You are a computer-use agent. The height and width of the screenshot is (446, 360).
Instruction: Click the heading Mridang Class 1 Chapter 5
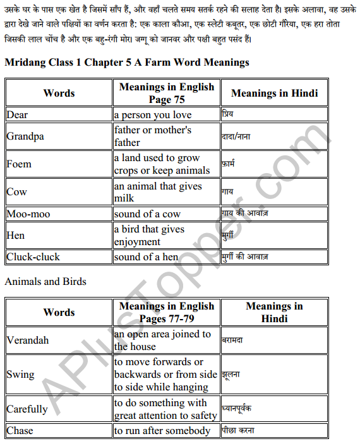coord(126,63)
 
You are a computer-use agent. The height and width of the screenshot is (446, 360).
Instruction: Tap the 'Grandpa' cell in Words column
coord(25,136)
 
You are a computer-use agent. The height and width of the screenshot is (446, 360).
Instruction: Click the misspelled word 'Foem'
coord(19,164)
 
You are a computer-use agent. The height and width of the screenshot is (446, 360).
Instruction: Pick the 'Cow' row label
coord(16,192)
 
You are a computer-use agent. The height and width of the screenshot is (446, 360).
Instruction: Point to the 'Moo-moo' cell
coord(28,214)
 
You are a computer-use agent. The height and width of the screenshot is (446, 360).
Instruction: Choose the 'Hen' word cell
coord(16,236)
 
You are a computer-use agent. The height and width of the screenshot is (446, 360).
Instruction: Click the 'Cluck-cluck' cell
coord(33,257)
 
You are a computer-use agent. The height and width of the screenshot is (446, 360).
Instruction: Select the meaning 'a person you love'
coord(152,115)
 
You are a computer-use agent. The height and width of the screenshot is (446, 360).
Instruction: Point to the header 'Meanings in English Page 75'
coord(166,93)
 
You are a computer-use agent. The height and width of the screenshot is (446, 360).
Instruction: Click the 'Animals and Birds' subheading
coord(45,281)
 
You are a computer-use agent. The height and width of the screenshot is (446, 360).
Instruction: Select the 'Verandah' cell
coord(28,341)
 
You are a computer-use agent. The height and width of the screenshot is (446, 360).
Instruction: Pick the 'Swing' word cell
coord(21,375)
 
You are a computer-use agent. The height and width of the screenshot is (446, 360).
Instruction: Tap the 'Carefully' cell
coord(27,409)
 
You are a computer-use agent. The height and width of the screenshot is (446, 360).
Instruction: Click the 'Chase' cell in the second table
coord(20,431)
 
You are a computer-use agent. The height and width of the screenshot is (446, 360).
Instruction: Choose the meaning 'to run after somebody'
coord(162,431)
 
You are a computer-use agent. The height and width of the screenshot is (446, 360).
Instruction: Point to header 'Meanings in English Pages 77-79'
coord(166,312)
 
